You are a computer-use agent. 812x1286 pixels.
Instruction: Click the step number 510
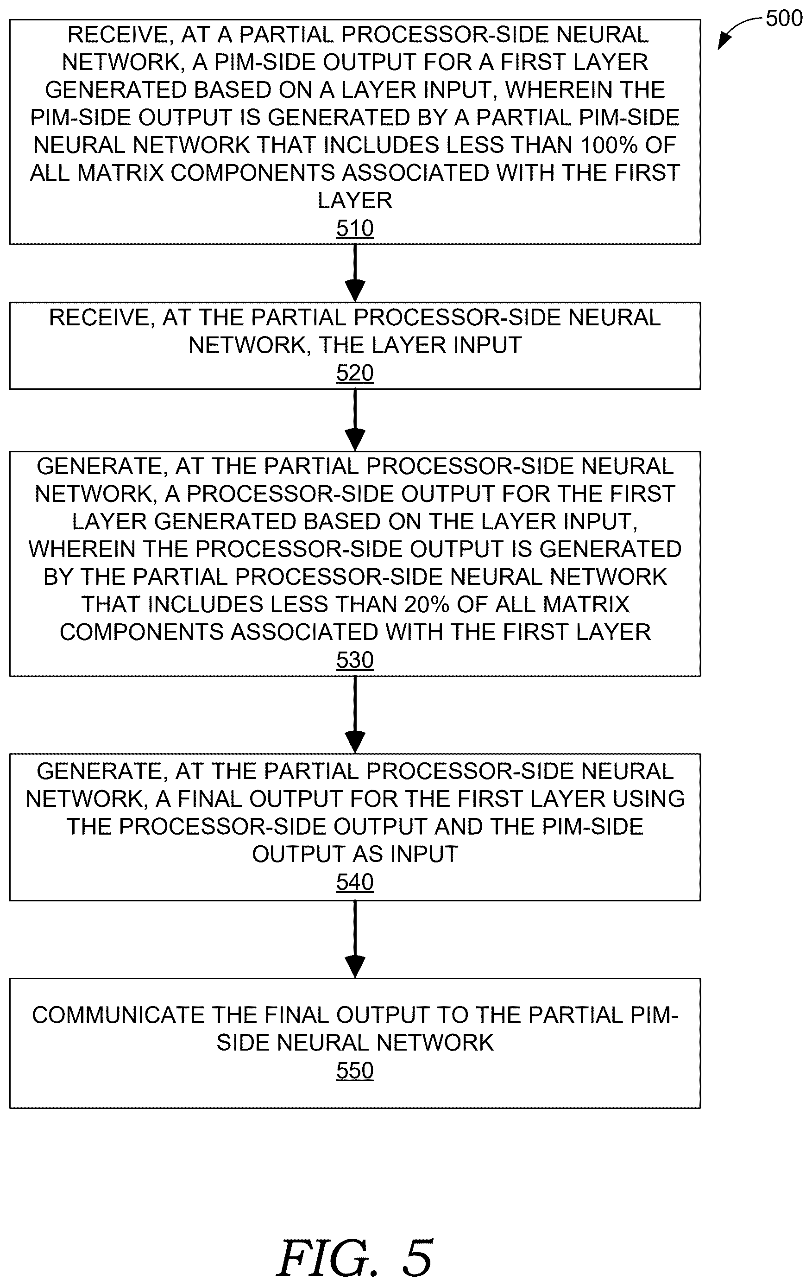tap(354, 228)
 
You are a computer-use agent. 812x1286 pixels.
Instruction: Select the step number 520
tap(354, 373)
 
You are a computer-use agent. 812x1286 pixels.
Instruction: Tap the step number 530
tap(354, 660)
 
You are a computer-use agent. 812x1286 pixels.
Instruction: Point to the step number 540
tap(354, 882)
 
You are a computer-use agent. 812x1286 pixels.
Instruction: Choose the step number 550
tap(354, 1071)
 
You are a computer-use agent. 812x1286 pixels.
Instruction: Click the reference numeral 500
tap(784, 19)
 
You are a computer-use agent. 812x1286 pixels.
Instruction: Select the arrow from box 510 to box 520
tap(355, 273)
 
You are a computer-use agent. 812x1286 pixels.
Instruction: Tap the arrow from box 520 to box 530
tap(355, 420)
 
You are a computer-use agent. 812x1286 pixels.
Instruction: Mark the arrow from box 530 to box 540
tap(355, 715)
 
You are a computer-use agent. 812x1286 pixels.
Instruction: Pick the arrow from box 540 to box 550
tap(355, 939)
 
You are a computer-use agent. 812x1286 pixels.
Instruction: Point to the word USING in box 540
tap(648, 799)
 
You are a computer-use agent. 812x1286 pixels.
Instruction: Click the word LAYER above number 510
tap(354, 201)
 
